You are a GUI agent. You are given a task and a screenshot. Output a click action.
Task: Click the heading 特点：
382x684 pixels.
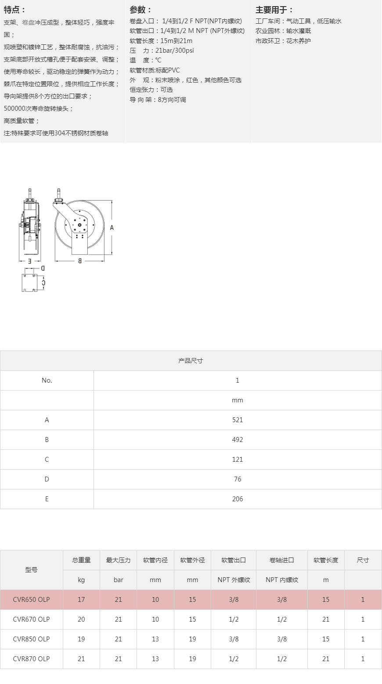pos(14,10)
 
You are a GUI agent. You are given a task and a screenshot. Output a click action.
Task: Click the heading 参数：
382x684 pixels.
pos(141,10)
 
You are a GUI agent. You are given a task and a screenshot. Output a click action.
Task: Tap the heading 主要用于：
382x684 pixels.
pos(274,10)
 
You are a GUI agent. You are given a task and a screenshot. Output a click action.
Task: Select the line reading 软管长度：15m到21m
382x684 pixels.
pos(161,40)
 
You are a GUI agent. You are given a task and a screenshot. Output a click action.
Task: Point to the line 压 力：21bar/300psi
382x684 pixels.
pos(162,51)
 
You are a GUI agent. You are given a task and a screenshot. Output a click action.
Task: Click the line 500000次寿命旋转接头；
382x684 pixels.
pos(39,109)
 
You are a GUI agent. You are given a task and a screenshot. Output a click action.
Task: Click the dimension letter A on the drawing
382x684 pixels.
pos(112,228)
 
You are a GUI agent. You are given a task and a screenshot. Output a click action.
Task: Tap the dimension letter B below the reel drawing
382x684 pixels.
pos(79,261)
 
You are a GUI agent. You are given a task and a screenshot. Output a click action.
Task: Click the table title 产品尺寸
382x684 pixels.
pos(191,361)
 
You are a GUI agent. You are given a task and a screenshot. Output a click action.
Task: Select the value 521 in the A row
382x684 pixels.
pos(238,420)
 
